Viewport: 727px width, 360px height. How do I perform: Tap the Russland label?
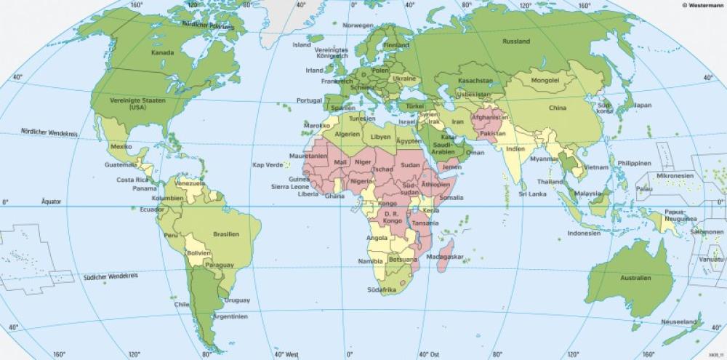coord(515,41)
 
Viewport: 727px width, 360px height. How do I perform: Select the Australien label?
coord(635,278)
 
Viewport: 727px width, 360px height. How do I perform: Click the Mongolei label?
coord(545,80)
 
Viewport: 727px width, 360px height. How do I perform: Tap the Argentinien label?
coord(230,317)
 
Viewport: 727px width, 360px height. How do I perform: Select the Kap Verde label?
coord(266,165)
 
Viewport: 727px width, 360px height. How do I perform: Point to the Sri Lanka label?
coord(532,194)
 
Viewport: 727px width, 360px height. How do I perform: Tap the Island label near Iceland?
coord(302,44)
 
